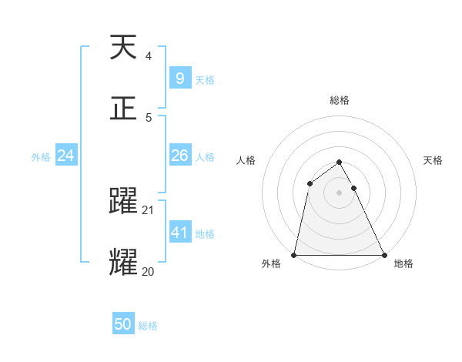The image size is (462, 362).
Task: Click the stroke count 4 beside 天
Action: (148, 56)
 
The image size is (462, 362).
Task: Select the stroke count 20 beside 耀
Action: (148, 271)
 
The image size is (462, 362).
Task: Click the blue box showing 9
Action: (179, 79)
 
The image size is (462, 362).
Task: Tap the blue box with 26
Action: (179, 156)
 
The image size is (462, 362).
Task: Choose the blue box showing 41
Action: (179, 233)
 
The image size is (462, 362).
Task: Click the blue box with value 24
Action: (65, 156)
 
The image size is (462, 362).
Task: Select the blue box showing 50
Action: (123, 324)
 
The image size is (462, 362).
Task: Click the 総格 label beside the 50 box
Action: (148, 326)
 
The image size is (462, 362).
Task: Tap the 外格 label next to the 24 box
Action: (41, 156)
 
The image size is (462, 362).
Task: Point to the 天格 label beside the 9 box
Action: (205, 79)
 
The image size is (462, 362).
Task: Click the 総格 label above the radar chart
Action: (339, 100)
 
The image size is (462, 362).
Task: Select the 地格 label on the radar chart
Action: (403, 263)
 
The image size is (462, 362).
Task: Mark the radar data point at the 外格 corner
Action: (294, 255)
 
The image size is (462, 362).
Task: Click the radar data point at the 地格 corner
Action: (383, 255)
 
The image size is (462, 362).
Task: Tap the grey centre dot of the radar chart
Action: (339, 193)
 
